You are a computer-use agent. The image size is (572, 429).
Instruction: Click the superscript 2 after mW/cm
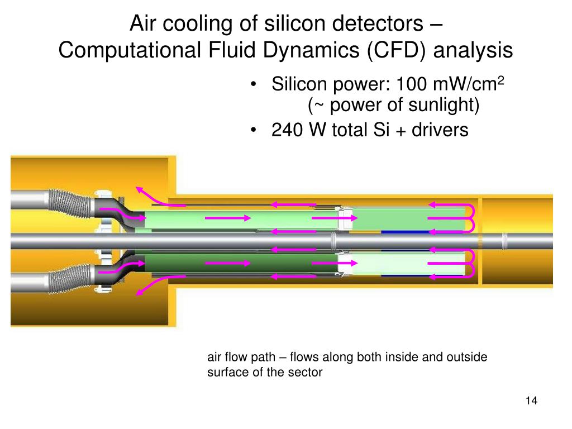[501, 82]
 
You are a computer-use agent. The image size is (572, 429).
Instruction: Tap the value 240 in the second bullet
[289, 130]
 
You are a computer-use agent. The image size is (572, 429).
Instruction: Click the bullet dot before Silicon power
[255, 86]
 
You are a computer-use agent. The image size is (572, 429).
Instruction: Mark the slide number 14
[531, 401]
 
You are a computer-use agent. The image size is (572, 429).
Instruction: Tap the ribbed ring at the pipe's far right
[506, 240]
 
